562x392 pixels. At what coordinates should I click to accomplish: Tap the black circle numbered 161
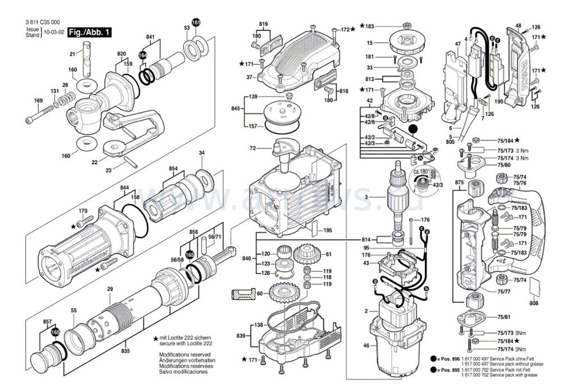pyautogui.click(x=196, y=22)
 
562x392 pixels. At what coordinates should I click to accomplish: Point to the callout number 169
pyautogui.click(x=37, y=100)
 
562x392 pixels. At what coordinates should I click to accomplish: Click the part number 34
pyautogui.click(x=201, y=153)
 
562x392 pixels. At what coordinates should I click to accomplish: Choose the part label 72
pyautogui.click(x=252, y=149)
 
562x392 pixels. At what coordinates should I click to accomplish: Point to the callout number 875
pyautogui.click(x=460, y=183)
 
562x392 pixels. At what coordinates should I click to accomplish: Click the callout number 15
pyautogui.click(x=370, y=43)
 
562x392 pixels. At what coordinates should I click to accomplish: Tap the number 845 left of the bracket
pyautogui.click(x=236, y=108)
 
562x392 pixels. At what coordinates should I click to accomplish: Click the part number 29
pyautogui.click(x=110, y=289)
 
